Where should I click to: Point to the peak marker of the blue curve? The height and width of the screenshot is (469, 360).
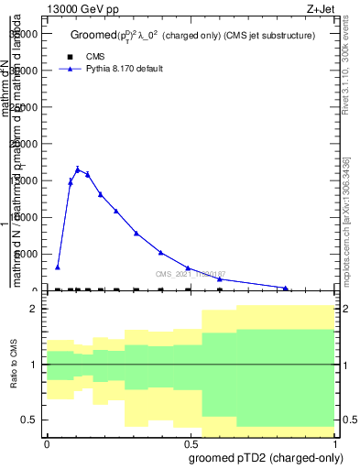coord(78,169)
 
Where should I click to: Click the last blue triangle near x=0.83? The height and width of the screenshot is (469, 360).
coord(286,289)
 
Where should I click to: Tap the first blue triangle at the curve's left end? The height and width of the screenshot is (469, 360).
coord(58,267)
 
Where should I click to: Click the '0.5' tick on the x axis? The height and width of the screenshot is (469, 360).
coord(191,444)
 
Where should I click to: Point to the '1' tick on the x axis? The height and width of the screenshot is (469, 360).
coord(335,444)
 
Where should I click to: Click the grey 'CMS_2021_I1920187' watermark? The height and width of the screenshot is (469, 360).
coord(190,274)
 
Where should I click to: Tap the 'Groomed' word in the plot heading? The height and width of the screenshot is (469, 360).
coord(91,36)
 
